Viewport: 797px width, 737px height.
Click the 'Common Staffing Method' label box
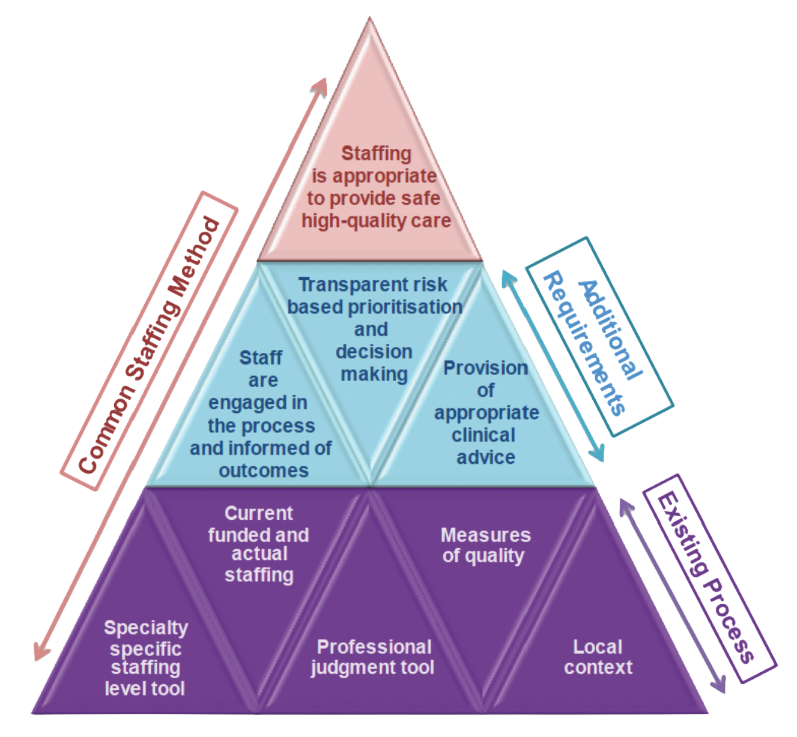(x=149, y=341)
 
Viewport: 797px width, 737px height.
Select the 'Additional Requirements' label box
(x=599, y=337)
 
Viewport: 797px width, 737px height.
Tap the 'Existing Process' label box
(x=709, y=578)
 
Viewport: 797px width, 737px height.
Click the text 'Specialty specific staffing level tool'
(x=145, y=658)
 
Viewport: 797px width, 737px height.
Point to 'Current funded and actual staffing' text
(x=259, y=544)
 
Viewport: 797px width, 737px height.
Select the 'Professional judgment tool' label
(x=373, y=657)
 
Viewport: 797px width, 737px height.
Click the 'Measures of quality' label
(x=485, y=545)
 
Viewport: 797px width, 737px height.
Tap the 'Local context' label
(x=598, y=657)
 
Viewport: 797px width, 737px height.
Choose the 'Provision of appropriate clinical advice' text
(x=486, y=412)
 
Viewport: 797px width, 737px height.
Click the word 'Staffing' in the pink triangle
(x=377, y=154)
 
